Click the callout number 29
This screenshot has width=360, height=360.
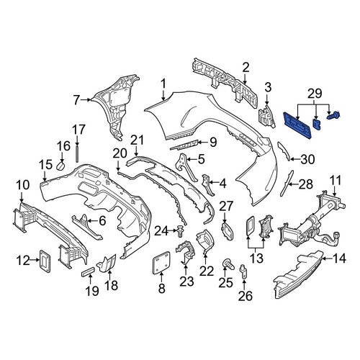(x=315, y=94)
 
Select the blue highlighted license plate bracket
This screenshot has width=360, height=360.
(x=297, y=125)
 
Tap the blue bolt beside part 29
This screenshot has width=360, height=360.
(x=333, y=116)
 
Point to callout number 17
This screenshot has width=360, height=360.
(x=78, y=130)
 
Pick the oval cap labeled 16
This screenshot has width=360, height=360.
(x=60, y=166)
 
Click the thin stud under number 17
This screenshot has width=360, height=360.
(x=77, y=153)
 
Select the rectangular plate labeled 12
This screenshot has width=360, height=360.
(x=45, y=261)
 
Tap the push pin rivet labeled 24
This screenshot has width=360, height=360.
(x=181, y=231)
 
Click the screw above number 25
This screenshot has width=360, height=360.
(x=228, y=264)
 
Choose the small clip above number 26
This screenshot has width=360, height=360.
(x=243, y=271)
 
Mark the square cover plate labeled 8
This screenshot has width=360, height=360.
(x=161, y=262)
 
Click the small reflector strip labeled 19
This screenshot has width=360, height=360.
(x=88, y=271)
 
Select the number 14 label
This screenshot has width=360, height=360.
(x=339, y=258)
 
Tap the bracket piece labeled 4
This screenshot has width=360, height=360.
(x=207, y=184)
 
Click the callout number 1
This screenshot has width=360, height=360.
(x=163, y=84)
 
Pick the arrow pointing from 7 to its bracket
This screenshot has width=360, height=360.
(x=85, y=99)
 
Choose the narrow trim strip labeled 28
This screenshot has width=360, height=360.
(x=287, y=184)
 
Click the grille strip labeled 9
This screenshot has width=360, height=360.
(x=184, y=145)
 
